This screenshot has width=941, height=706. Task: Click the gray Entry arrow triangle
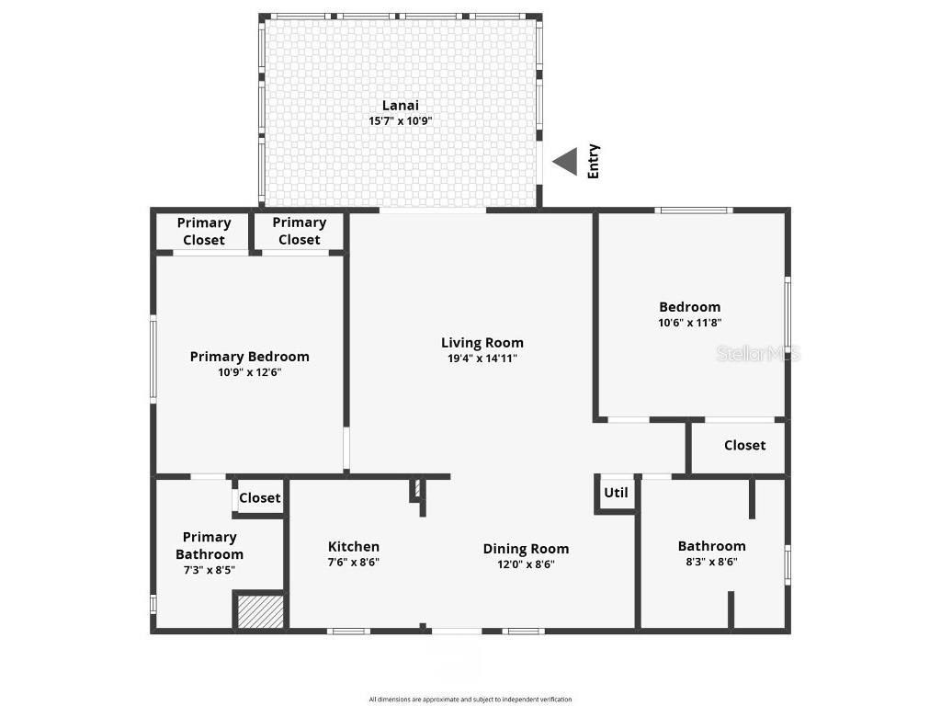tap(566, 162)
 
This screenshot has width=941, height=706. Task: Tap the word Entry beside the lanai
tap(593, 162)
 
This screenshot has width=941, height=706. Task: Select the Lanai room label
tap(400, 105)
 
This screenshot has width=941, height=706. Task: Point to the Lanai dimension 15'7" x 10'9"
tap(400, 120)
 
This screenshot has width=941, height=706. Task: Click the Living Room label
tap(482, 343)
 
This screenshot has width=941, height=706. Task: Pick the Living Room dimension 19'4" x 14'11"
tap(482, 359)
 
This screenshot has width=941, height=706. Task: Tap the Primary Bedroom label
tap(249, 357)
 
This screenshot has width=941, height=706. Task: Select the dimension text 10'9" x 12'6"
tap(249, 372)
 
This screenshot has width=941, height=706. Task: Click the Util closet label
tap(616, 493)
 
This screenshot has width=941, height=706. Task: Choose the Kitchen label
tap(353, 547)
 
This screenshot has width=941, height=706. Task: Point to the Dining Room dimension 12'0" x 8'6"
tap(526, 564)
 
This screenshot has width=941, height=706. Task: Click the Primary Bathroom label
tap(210, 545)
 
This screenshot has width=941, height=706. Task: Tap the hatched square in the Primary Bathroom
tap(261, 612)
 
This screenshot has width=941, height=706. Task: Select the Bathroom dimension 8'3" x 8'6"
tap(711, 562)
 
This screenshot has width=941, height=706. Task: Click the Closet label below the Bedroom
tap(744, 445)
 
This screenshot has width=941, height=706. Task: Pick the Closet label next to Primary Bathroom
tap(259, 498)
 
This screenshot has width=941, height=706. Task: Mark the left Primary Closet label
tap(203, 231)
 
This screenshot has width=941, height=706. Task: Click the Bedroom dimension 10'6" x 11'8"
tap(689, 323)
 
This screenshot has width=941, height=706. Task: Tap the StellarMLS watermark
tap(758, 353)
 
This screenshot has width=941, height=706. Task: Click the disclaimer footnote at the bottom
tap(470, 700)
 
